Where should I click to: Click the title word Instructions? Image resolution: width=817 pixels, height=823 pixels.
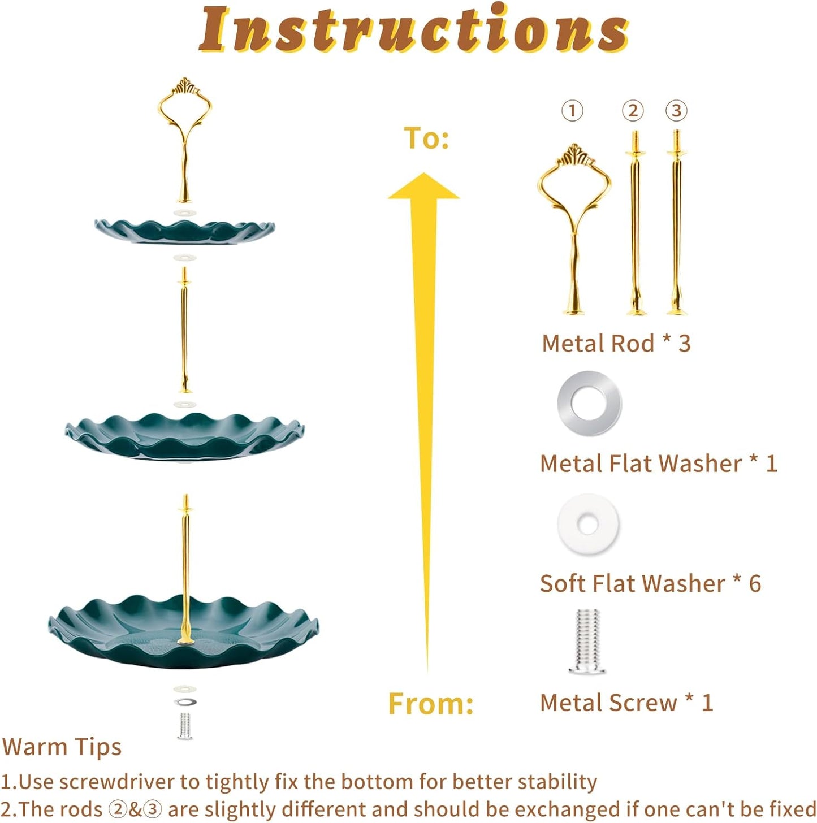click(x=413, y=29)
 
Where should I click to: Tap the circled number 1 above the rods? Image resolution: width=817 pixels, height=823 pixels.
click(x=572, y=111)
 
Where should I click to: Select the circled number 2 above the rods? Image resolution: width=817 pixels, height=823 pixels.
click(x=633, y=111)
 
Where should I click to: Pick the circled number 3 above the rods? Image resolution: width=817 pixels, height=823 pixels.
click(x=676, y=111)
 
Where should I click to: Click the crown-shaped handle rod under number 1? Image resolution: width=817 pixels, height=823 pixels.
click(x=574, y=226)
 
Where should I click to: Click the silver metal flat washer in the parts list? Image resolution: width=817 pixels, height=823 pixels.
click(x=589, y=404)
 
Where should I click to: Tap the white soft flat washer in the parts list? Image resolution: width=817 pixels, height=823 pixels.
click(x=588, y=524)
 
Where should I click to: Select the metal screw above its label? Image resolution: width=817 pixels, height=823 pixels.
click(x=587, y=642)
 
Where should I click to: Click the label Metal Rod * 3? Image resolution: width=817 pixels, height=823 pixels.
click(x=616, y=343)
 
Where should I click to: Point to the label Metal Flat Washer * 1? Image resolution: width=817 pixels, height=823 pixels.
click(x=658, y=464)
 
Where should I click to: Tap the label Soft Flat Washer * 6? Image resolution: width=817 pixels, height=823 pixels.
click(x=650, y=583)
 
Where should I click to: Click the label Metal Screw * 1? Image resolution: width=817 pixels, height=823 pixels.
click(x=626, y=703)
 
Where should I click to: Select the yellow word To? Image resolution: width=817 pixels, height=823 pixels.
click(x=426, y=138)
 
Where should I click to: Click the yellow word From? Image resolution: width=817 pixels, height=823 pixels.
click(x=431, y=704)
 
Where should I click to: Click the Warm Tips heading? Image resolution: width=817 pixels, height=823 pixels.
click(x=62, y=747)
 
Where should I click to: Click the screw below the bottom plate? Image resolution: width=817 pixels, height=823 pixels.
click(x=184, y=726)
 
